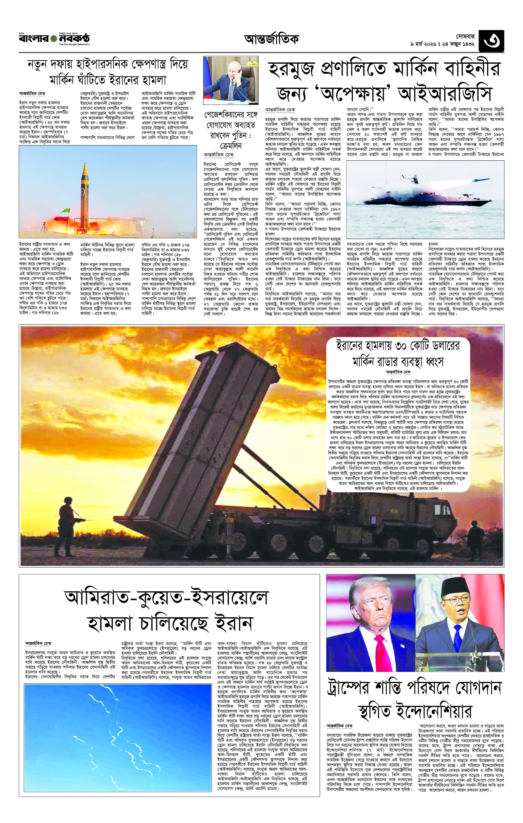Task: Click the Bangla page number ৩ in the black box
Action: click(x=491, y=41)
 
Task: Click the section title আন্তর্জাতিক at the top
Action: click(x=271, y=40)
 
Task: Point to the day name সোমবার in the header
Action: click(x=465, y=36)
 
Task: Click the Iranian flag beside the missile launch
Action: click(x=63, y=215)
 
